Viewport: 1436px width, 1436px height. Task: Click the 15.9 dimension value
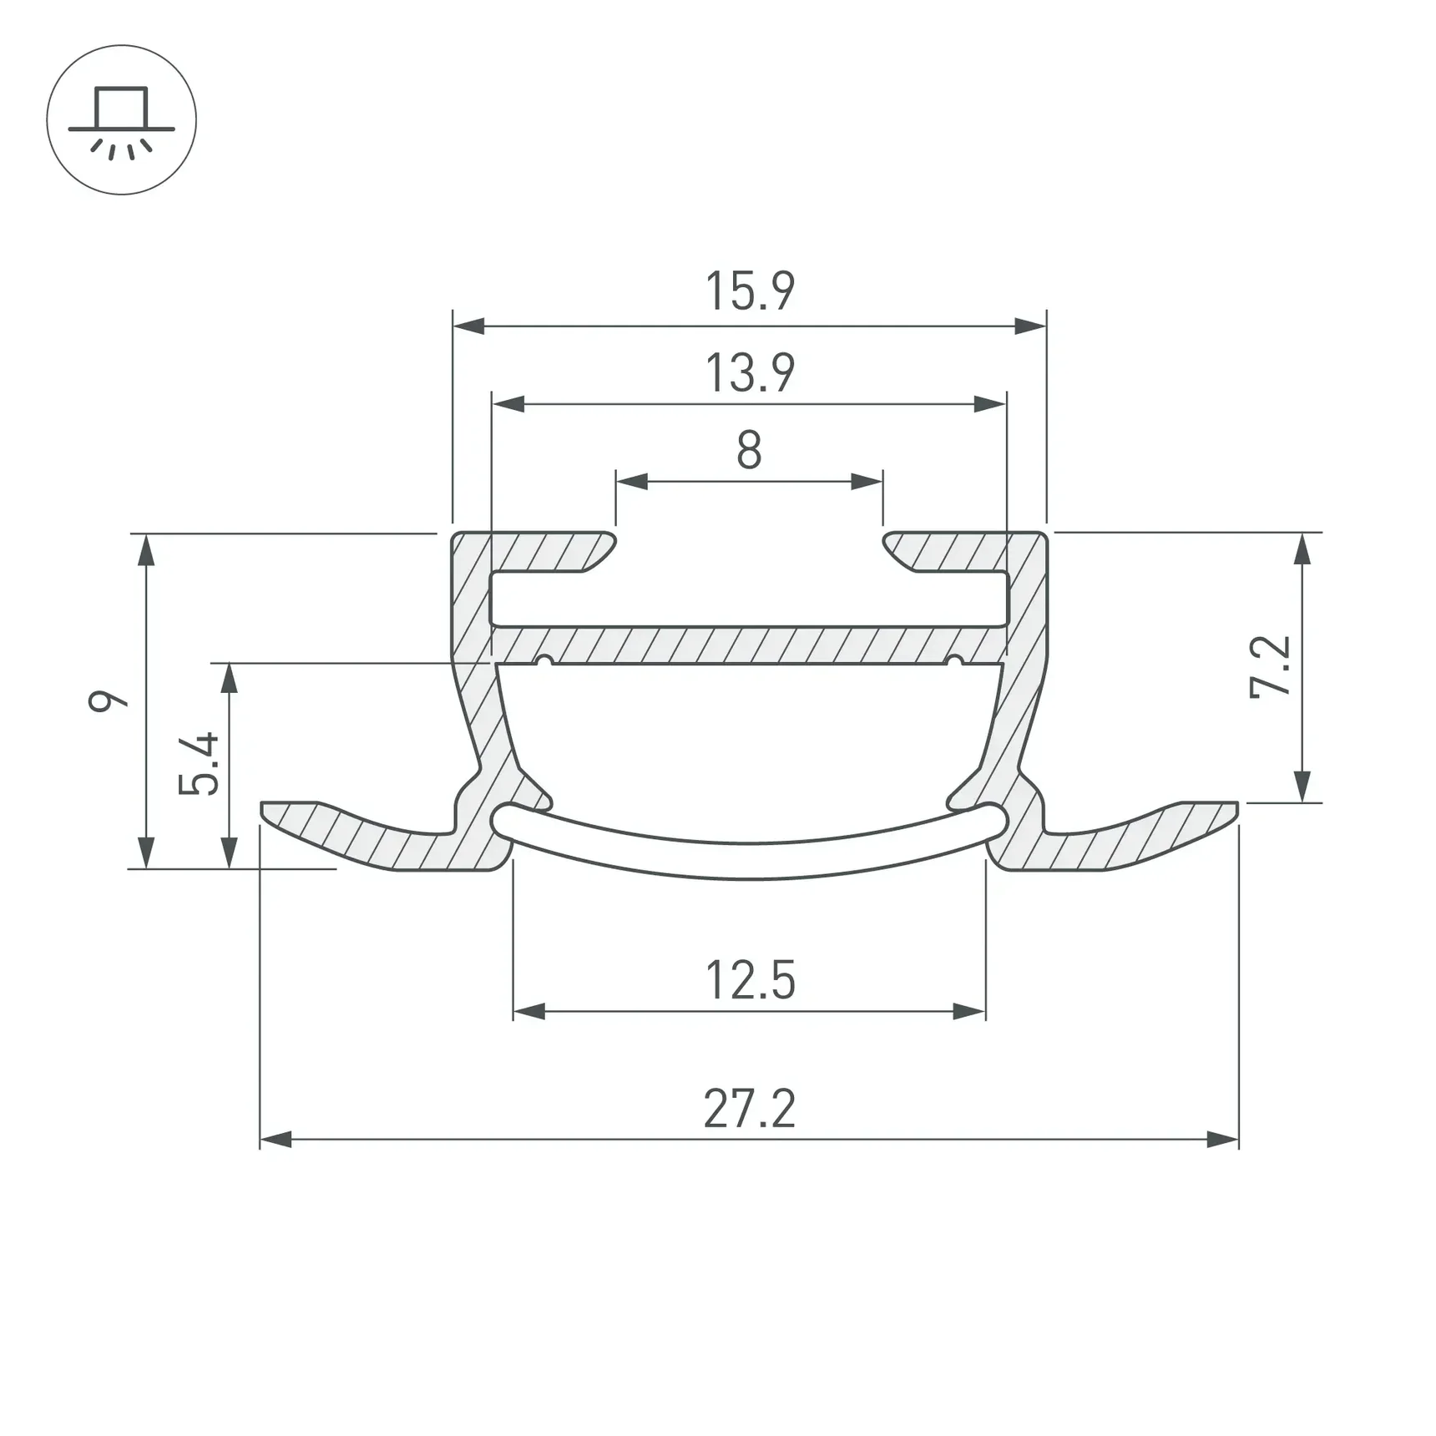[750, 291]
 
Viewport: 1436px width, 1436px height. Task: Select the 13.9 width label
[750, 372]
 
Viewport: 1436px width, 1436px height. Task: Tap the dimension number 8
[749, 450]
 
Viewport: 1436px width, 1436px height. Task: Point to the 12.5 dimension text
[750, 980]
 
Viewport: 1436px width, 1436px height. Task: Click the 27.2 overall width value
[750, 1109]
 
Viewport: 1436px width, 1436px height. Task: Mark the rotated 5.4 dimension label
[199, 763]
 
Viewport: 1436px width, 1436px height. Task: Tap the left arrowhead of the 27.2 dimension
[276, 1139]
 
